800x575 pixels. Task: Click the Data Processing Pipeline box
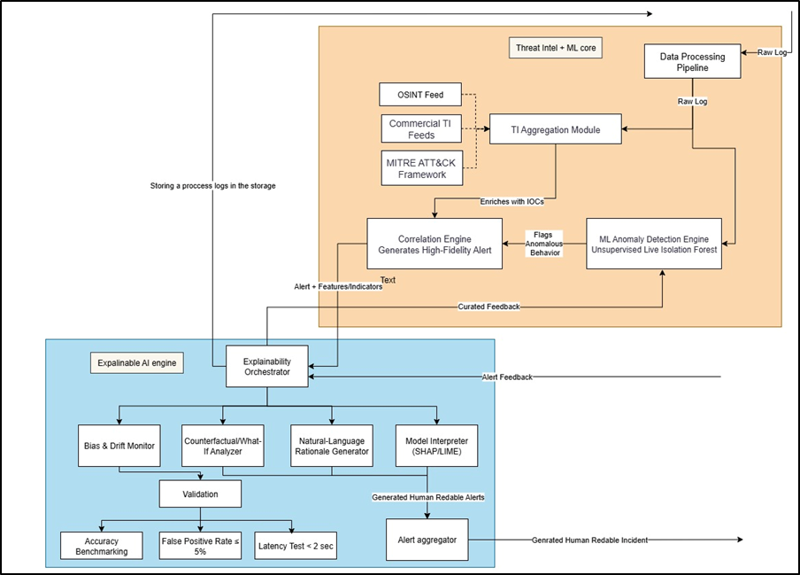[x=692, y=62]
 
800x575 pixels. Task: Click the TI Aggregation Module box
[x=555, y=130]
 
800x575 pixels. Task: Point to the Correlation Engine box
[x=434, y=243]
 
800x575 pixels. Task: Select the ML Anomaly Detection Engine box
[x=653, y=243]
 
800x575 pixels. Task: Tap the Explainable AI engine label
[x=137, y=362]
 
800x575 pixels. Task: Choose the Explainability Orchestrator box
[x=266, y=367]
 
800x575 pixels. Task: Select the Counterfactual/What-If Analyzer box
[x=224, y=445]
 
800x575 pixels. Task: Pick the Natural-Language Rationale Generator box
[x=333, y=445]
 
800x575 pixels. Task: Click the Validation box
[x=200, y=493]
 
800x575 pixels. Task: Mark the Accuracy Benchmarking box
[x=101, y=546]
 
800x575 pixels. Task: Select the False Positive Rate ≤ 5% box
[x=200, y=546]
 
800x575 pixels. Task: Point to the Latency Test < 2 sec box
[x=296, y=546]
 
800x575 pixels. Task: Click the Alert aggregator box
[x=427, y=540]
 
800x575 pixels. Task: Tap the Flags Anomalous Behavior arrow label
[x=543, y=243]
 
